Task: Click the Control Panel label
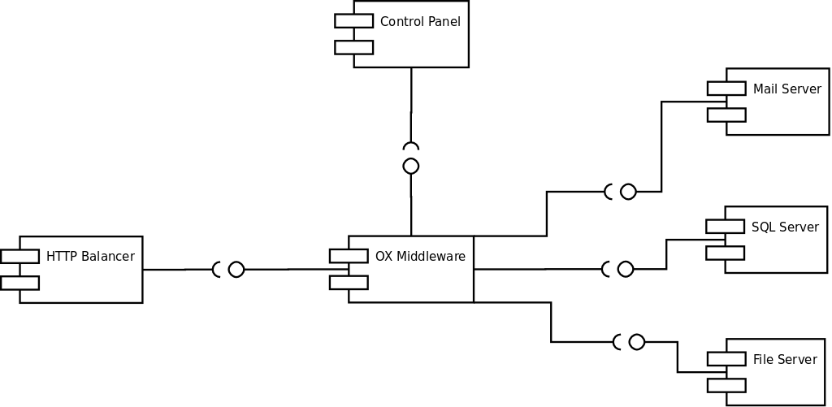coord(420,22)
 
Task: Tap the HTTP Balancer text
coord(90,256)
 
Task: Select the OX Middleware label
coord(420,256)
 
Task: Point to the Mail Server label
coord(786,89)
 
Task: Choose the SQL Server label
coord(786,227)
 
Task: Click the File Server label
coord(785,359)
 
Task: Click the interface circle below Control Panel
coord(410,166)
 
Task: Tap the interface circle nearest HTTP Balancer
coord(236,270)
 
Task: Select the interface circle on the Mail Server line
coord(628,192)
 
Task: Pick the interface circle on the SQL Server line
coord(626,269)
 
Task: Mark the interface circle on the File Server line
coord(637,342)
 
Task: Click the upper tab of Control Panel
coord(354,20)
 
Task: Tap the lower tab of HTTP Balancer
coord(19,283)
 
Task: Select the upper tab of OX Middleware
coord(349,256)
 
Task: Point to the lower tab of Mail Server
coord(726,115)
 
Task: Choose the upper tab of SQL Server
coord(725,226)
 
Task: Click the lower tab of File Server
coord(726,385)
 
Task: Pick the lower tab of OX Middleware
coord(349,282)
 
